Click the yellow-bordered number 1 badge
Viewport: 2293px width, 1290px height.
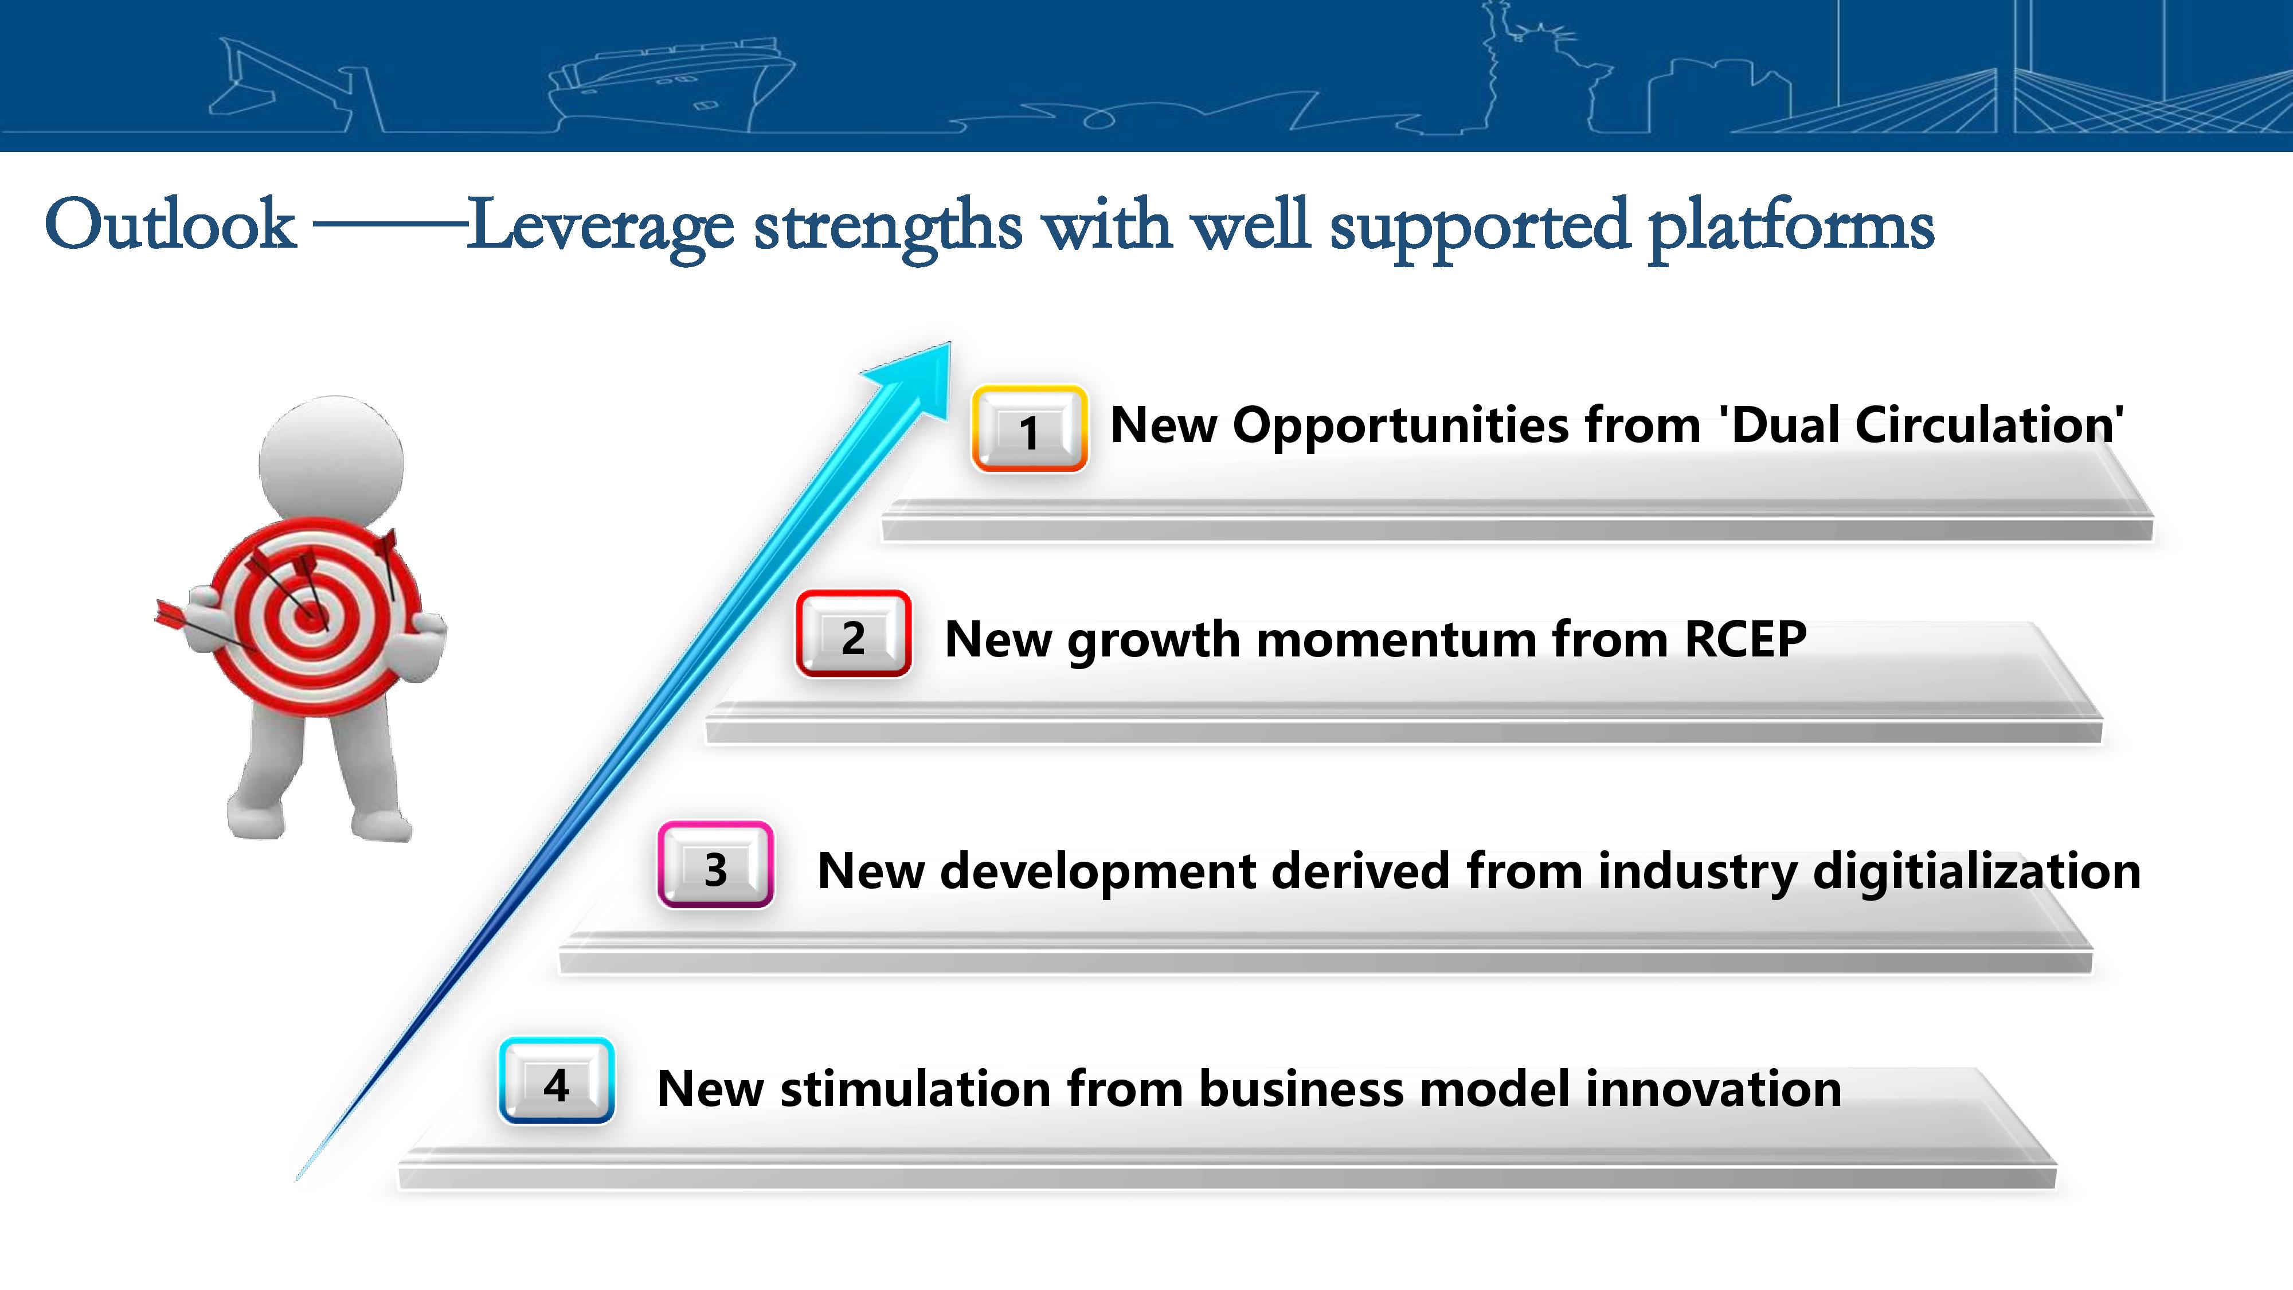click(x=1029, y=428)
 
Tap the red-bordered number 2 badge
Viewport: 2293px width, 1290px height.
click(x=854, y=634)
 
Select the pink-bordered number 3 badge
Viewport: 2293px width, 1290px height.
click(x=715, y=865)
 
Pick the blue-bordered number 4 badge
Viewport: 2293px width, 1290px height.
click(x=556, y=1081)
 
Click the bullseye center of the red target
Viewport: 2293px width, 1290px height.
click(x=309, y=614)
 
